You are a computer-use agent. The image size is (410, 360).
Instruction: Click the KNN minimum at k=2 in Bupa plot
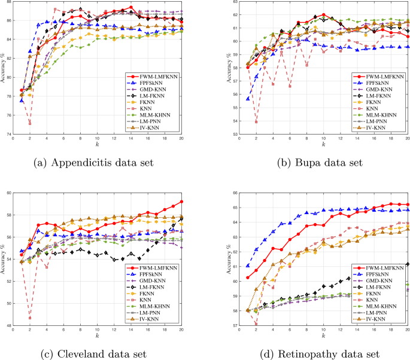tap(239, 122)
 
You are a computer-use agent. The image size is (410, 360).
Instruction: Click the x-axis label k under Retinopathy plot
tap(323, 335)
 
